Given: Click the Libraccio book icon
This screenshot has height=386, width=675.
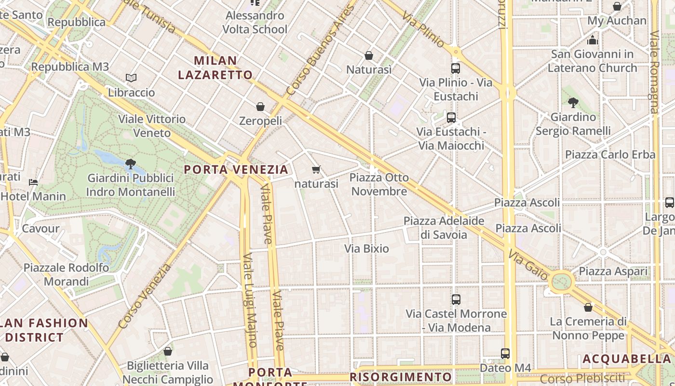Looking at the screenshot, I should click(131, 78).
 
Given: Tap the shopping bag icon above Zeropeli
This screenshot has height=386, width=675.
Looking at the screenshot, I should click(260, 107).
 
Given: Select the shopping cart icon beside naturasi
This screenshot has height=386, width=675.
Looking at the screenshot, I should click(316, 169).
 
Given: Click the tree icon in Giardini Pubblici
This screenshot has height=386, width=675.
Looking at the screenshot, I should click(130, 164).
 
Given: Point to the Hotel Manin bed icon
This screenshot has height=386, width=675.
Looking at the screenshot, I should click(33, 182).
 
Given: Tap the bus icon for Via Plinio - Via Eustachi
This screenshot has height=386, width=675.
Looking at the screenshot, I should click(456, 69).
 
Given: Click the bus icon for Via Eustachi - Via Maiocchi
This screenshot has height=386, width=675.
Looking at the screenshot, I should click(451, 117).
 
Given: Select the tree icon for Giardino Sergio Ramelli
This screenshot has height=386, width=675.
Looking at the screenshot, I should click(573, 102).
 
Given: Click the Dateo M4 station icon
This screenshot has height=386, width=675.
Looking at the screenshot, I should click(505, 354).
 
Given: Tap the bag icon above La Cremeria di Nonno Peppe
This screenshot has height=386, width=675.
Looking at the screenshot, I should click(588, 307).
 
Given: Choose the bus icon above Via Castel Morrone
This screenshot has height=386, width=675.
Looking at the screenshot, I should click(456, 300).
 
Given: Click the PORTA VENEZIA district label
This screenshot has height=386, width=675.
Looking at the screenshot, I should click(236, 170).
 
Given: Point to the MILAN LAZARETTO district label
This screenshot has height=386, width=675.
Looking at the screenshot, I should click(216, 68).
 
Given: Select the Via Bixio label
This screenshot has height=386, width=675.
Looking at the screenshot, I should click(366, 249).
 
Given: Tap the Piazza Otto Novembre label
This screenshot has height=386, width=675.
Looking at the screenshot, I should click(379, 184).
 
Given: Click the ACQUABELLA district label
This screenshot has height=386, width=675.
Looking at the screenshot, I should click(627, 359).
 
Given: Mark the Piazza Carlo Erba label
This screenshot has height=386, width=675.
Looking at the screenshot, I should click(610, 155).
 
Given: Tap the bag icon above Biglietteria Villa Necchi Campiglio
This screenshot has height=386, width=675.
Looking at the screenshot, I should click(168, 351).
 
